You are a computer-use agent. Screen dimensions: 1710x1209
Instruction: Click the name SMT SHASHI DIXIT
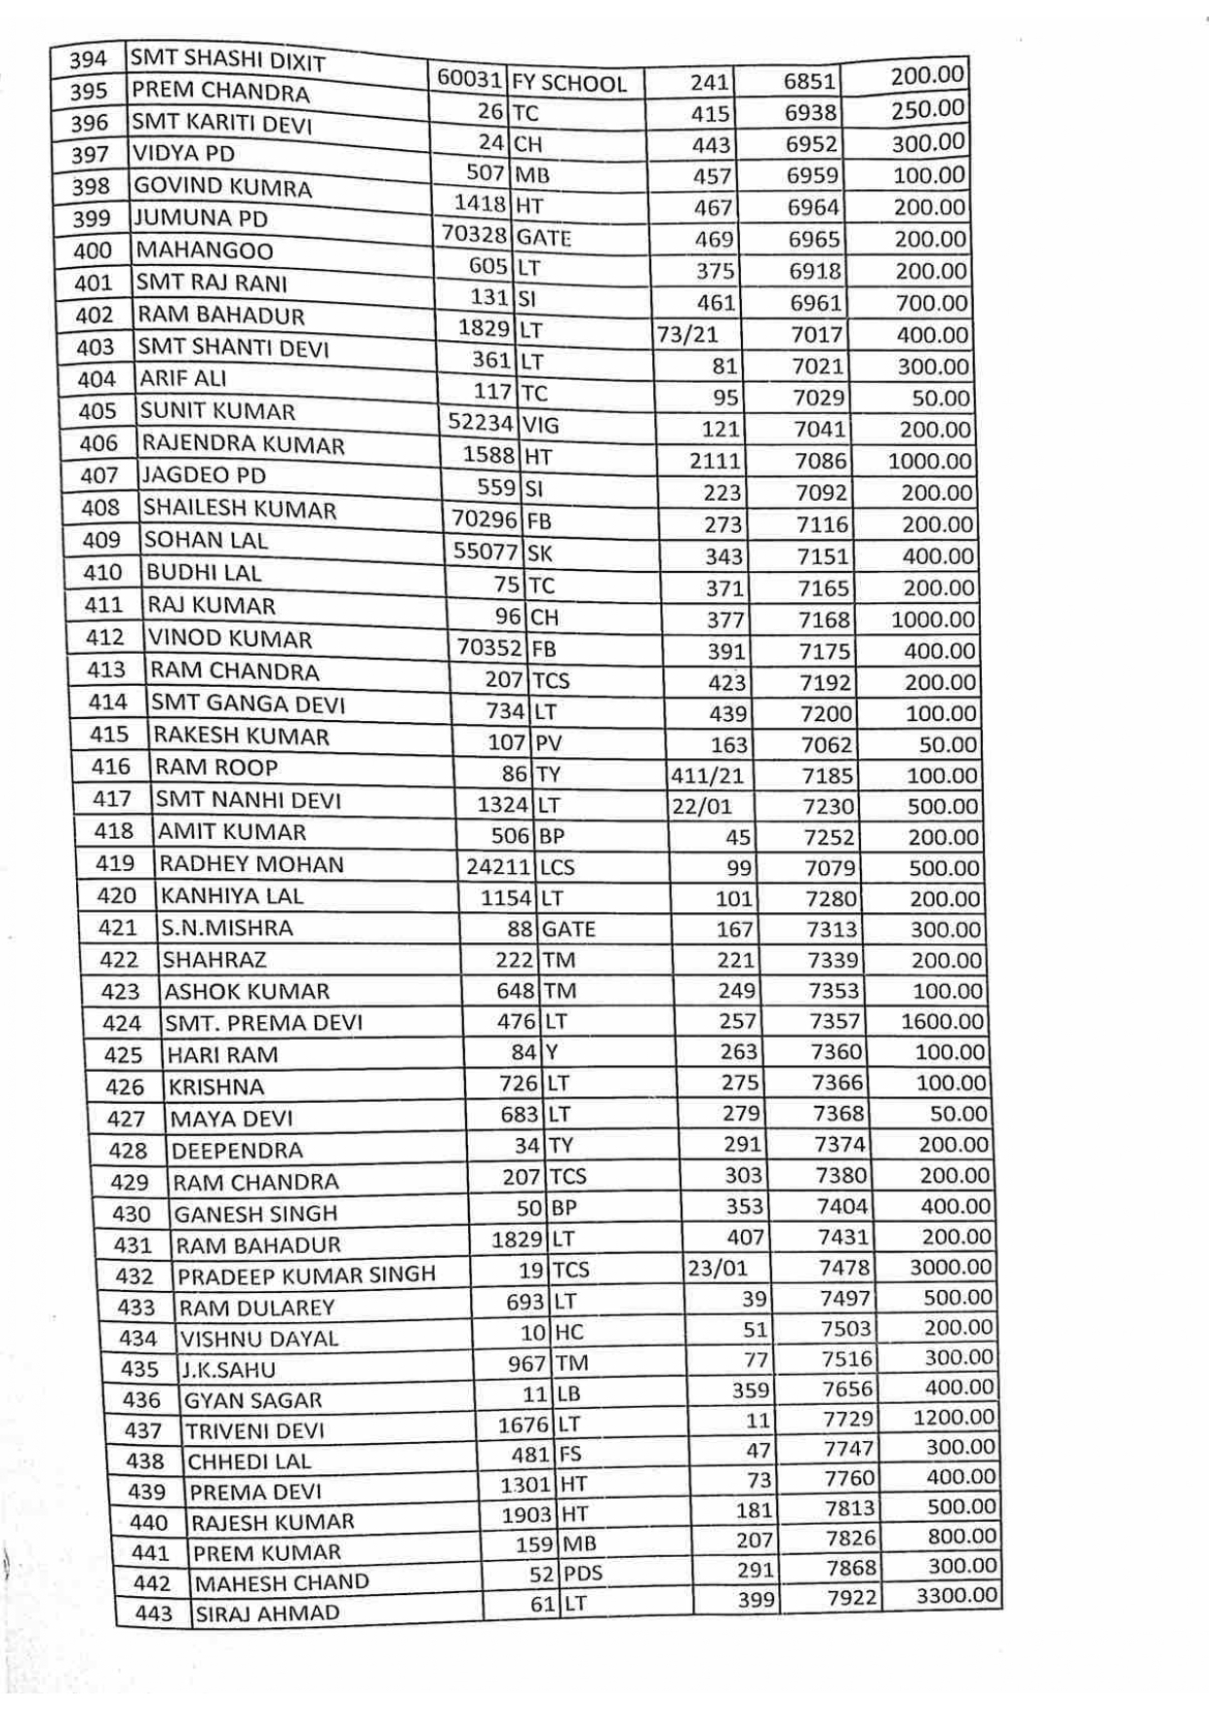(227, 60)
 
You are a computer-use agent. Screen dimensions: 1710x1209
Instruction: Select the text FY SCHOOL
(569, 84)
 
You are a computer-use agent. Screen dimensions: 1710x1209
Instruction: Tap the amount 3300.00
(956, 1596)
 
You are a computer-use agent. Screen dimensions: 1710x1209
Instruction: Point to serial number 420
(117, 895)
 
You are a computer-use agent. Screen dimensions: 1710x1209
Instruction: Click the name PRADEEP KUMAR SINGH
(306, 1275)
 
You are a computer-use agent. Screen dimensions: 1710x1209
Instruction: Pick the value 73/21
(687, 335)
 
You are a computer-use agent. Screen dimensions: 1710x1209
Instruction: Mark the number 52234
(481, 423)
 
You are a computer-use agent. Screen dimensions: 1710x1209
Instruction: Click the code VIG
(541, 425)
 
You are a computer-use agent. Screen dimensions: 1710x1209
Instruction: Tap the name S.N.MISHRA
(227, 928)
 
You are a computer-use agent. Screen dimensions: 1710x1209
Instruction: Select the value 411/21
(707, 777)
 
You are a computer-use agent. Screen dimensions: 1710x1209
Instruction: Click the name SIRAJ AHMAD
(268, 1614)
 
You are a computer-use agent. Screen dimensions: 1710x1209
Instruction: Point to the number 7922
(852, 1599)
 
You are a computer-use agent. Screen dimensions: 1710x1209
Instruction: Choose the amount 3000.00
(951, 1268)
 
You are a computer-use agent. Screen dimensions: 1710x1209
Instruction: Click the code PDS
(583, 1574)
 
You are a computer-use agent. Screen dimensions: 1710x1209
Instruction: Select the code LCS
(557, 867)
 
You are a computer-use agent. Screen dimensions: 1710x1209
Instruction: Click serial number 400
(93, 250)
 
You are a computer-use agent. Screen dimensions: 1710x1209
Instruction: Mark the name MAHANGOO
(205, 250)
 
